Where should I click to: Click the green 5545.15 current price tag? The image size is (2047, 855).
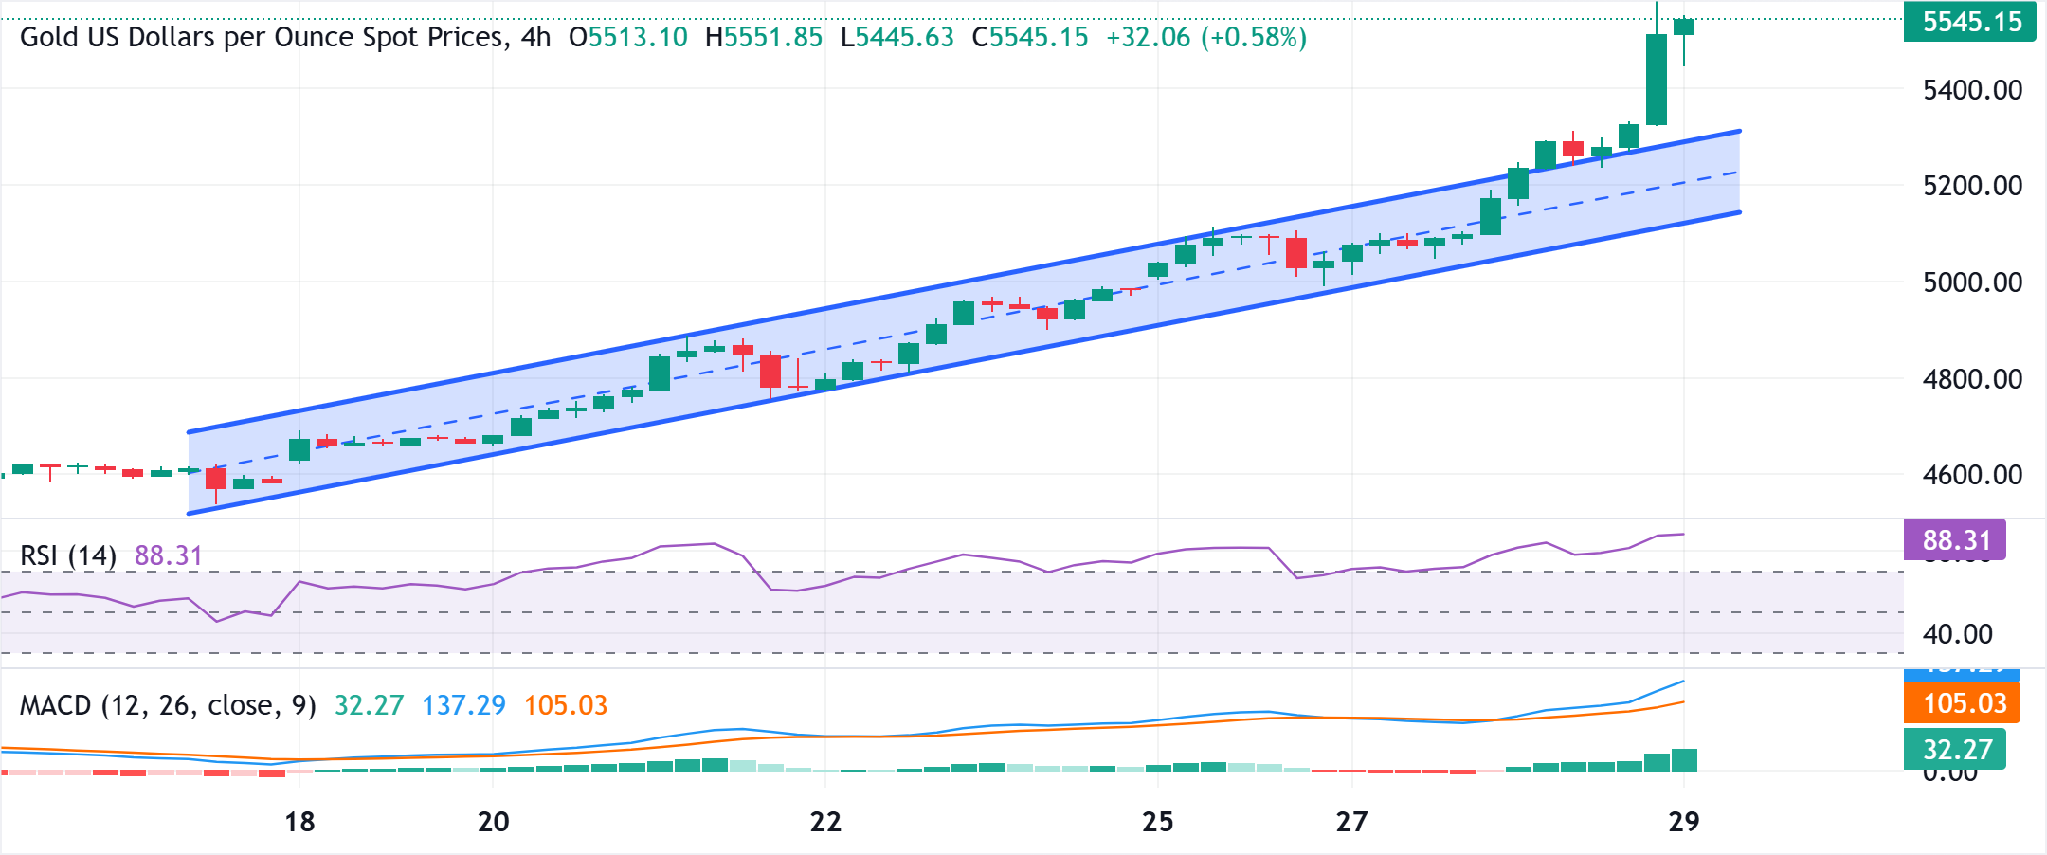1970,22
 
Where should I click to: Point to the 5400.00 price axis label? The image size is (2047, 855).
1972,90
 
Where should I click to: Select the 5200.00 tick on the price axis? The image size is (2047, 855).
1972,186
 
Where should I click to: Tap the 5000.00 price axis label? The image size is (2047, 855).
1972,282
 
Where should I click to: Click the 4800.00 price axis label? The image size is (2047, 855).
1972,379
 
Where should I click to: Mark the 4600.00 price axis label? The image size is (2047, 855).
1972,475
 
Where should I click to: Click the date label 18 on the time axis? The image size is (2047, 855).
299,822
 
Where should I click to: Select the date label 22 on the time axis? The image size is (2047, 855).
825,822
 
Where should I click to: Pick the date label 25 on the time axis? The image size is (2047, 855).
1158,822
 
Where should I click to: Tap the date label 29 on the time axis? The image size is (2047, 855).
1684,822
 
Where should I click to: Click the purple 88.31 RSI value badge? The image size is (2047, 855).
1955,540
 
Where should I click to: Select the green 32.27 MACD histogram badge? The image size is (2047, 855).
1956,750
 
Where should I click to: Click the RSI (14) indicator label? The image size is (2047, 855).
68,555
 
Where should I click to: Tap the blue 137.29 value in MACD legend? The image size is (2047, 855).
463,705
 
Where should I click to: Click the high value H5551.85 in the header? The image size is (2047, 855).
764,38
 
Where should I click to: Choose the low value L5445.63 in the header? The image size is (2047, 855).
897,38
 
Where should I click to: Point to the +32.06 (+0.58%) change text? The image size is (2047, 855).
1206,38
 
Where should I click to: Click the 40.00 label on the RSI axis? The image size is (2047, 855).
1958,634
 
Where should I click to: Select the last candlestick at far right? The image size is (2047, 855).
1684,27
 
